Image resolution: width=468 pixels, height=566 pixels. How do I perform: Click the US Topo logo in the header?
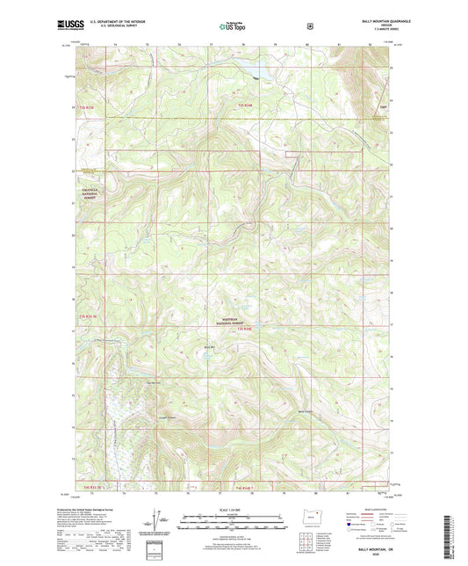(x=234, y=26)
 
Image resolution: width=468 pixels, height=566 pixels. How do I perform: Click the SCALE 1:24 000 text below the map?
(x=234, y=509)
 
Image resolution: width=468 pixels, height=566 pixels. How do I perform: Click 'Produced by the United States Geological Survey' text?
(x=90, y=510)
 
